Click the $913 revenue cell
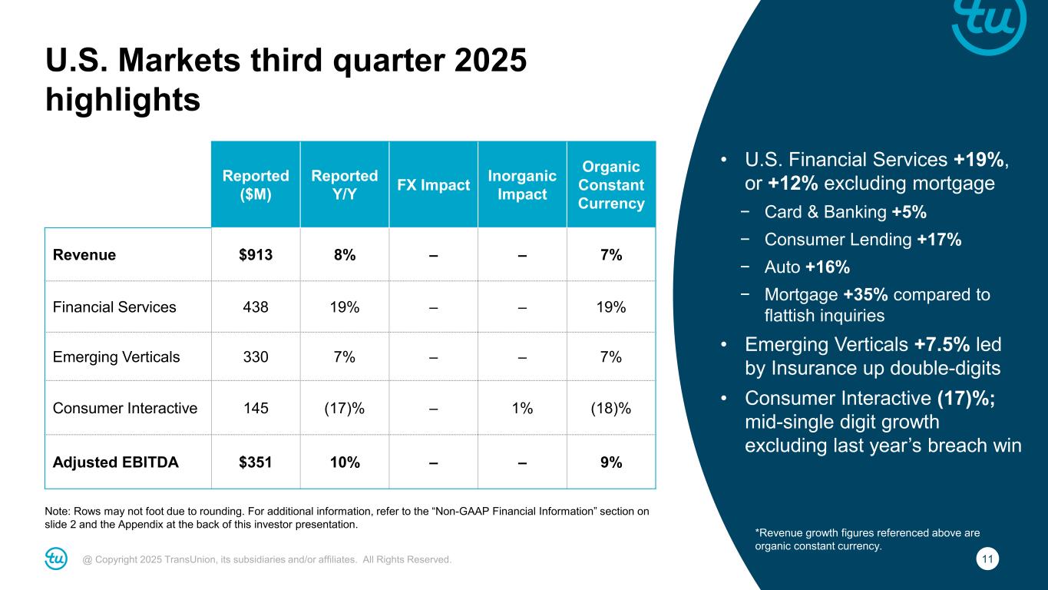[x=256, y=255]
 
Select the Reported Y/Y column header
[x=345, y=184]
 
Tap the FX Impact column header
[x=434, y=185]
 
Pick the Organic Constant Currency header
[x=611, y=185]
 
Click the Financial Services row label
[x=114, y=307]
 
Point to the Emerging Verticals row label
[x=116, y=357]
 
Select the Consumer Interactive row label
[x=125, y=408]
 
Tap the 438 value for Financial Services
[x=256, y=307]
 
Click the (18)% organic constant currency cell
[x=611, y=408]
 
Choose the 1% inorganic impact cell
[x=522, y=408]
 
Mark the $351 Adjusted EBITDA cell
[x=256, y=462]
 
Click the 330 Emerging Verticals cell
[x=256, y=357]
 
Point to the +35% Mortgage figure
[x=865, y=295]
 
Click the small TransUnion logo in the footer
[x=56, y=559]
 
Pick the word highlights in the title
[x=123, y=99]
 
